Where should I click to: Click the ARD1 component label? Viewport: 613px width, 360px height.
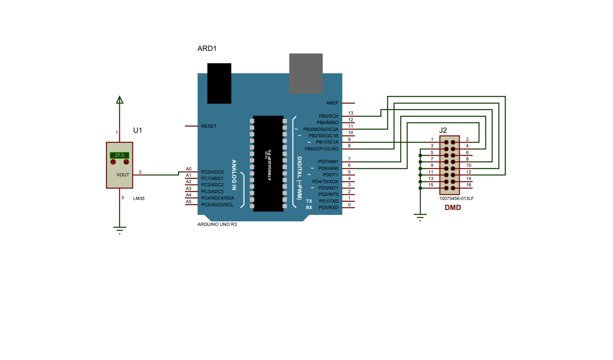207,48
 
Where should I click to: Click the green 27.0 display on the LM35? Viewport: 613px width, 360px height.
120,155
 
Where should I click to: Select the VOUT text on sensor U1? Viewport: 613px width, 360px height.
123,175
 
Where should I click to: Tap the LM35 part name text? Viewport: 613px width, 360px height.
139,199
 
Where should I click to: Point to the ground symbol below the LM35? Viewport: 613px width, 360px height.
120,229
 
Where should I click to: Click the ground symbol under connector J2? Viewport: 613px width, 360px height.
420,216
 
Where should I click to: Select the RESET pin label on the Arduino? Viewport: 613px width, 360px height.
209,126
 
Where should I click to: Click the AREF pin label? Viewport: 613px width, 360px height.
332,103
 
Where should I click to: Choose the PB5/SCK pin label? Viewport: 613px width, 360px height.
329,116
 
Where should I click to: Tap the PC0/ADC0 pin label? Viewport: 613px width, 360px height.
212,172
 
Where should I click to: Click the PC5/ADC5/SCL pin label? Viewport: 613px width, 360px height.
217,205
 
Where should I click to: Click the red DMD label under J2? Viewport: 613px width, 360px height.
453,207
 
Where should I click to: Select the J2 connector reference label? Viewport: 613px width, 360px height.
443,130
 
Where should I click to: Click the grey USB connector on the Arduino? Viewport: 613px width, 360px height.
306,73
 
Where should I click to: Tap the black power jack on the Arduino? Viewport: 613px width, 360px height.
219,83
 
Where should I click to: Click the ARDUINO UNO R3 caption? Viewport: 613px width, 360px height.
217,225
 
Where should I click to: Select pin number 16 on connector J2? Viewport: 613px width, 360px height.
468,185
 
